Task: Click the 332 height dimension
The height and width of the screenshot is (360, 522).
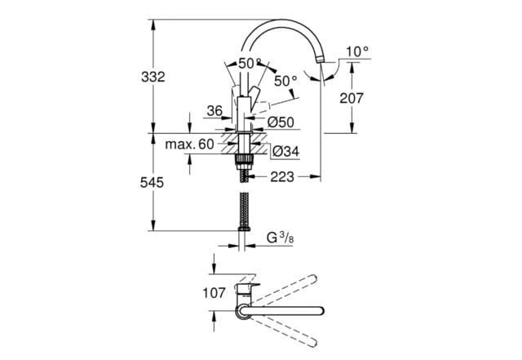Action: pos(153,78)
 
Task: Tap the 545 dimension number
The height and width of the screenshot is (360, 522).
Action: pos(153,184)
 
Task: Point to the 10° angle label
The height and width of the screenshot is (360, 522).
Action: pos(357,51)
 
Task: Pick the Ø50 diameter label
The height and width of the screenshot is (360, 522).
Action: pos(281,122)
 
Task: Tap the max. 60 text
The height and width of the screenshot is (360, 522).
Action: pos(188,144)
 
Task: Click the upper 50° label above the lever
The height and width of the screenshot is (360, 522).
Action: pos(250,63)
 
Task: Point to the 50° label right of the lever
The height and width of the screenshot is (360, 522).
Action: pos(285,81)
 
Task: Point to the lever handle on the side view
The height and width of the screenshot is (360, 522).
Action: pos(254,91)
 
